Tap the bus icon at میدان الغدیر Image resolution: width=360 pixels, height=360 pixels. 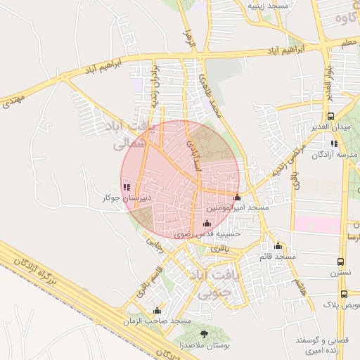point(330,117)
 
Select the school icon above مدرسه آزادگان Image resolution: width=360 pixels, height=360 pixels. point(334,143)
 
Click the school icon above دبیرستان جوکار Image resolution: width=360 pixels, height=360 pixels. point(126,188)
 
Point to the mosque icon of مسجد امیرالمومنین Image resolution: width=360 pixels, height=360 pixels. point(237,198)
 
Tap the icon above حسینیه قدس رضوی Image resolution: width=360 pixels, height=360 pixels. point(206,223)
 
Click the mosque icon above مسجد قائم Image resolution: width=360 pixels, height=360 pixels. point(278,246)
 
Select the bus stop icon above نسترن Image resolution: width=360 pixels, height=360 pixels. point(341,262)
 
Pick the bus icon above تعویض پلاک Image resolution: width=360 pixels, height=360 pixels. point(344,294)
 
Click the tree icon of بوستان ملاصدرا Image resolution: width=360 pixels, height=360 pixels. point(205,334)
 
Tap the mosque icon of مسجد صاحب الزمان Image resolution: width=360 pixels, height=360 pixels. point(157,310)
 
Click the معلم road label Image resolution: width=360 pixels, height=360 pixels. point(347,44)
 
